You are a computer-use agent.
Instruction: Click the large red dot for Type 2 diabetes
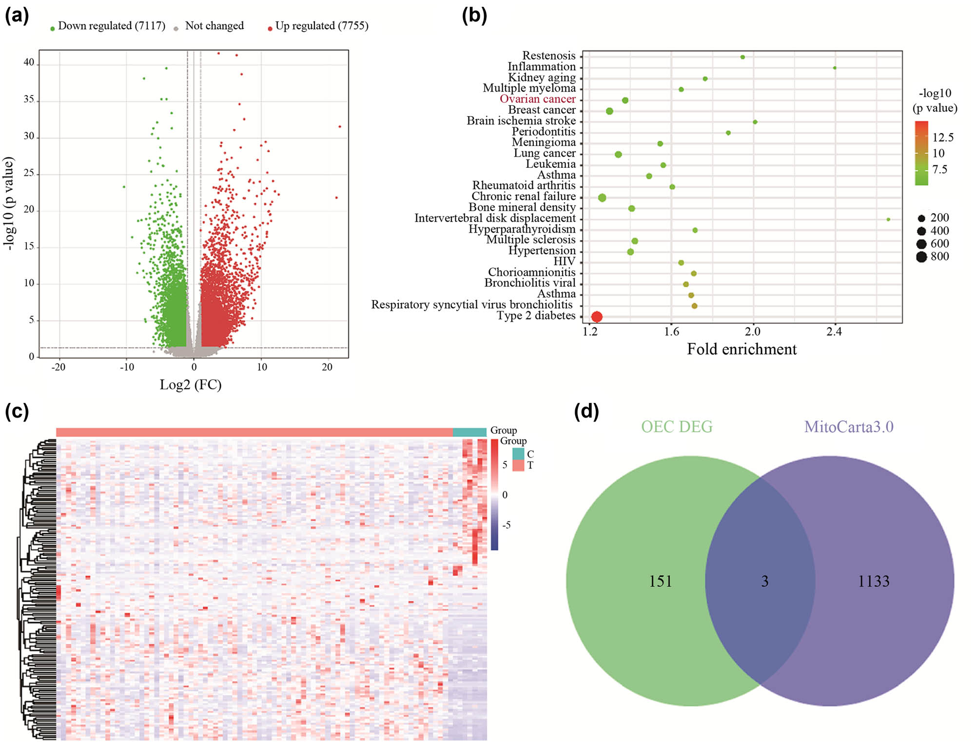[x=596, y=317]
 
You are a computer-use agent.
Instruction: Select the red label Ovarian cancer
[x=537, y=99]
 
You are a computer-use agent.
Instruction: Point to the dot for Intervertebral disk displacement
[x=888, y=220]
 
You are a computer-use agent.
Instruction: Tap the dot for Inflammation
[x=835, y=68]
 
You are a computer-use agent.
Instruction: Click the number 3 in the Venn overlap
[x=765, y=581]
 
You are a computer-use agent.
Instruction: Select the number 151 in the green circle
[x=660, y=581]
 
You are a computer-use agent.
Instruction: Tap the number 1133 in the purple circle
[x=874, y=581]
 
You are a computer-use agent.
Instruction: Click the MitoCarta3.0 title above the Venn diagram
[x=849, y=427]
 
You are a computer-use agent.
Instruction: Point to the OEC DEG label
[x=677, y=427]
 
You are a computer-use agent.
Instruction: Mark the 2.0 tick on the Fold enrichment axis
[x=752, y=332]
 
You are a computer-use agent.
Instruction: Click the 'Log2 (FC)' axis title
[x=191, y=385]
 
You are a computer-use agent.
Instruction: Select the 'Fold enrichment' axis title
[x=741, y=349]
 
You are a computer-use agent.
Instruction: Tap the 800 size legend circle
[x=921, y=257]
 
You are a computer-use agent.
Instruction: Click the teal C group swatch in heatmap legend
[x=518, y=454]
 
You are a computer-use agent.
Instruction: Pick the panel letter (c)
[x=17, y=411]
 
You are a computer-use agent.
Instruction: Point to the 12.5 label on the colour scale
[x=943, y=138]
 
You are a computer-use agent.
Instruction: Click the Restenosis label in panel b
[x=548, y=56]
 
